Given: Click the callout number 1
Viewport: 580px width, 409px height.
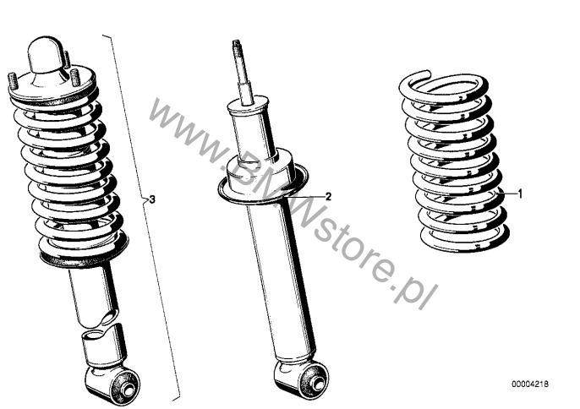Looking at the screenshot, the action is click(x=520, y=194).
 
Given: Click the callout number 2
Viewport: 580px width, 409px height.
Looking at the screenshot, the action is click(x=328, y=196).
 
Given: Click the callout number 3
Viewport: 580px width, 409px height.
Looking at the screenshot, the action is click(x=152, y=200).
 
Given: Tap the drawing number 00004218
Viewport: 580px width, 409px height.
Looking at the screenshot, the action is click(x=530, y=384).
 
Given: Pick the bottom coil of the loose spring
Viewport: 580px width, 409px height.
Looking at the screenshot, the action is click(x=465, y=240).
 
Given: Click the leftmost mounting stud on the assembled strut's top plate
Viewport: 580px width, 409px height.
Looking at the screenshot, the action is click(x=12, y=81).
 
